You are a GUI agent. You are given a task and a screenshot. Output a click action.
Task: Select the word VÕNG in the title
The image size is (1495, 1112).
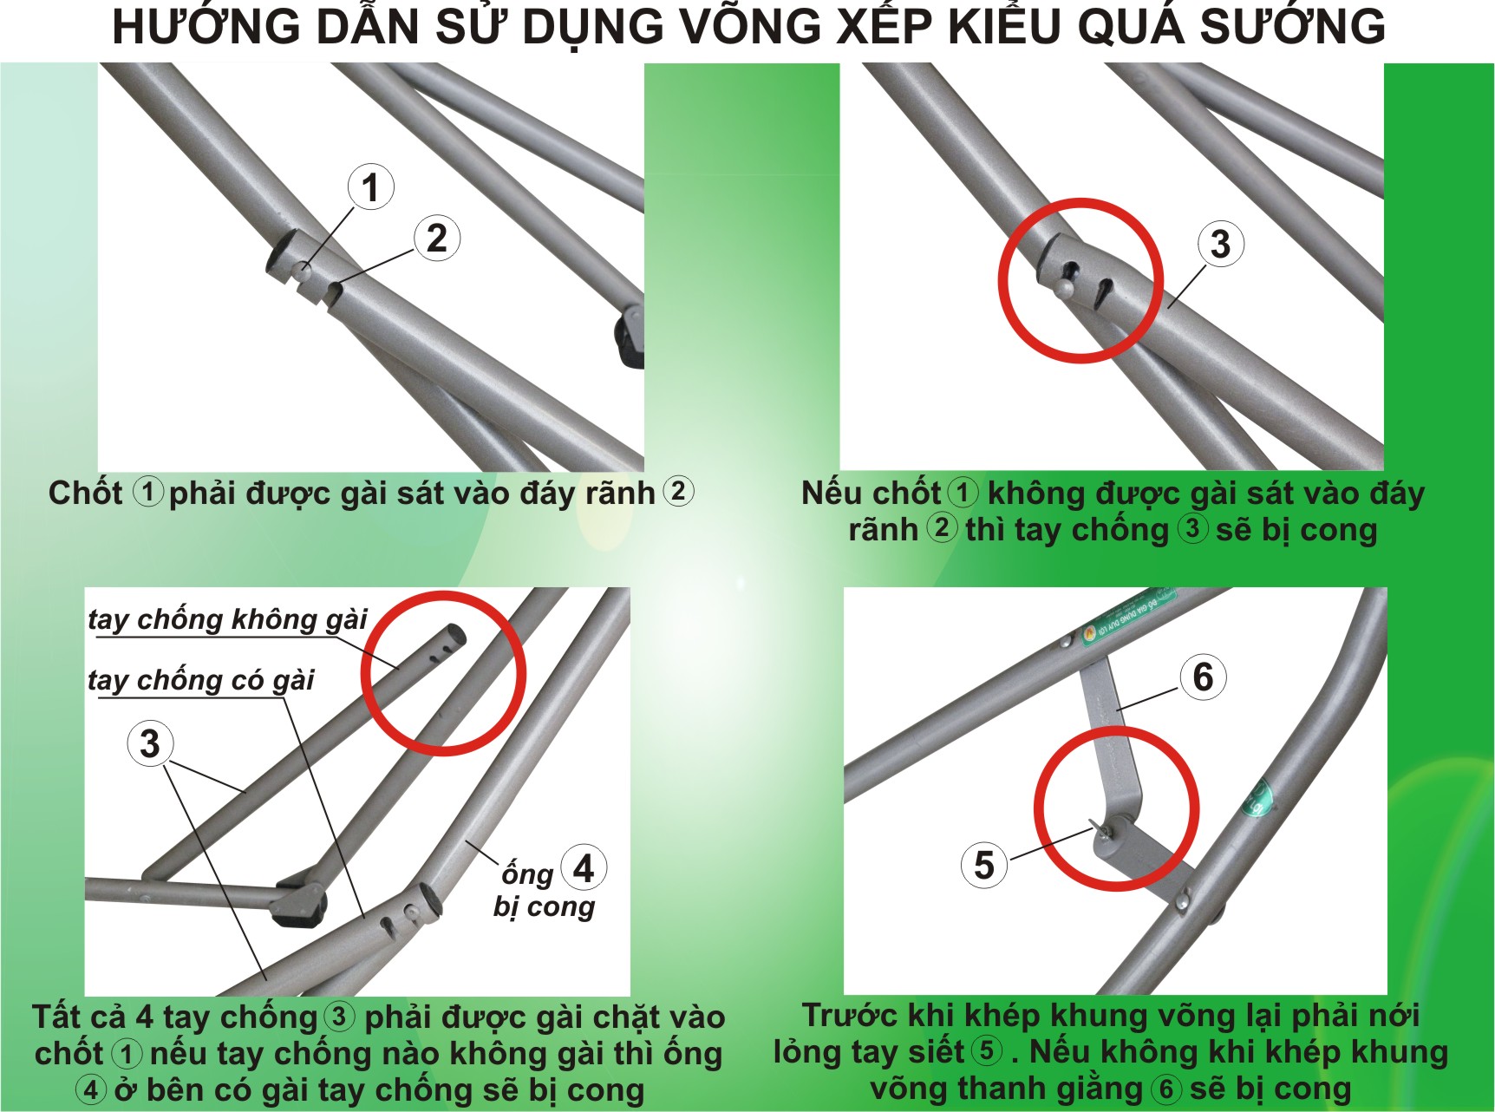coord(747,26)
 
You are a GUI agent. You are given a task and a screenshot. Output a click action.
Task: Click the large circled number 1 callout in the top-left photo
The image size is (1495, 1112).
coord(371,186)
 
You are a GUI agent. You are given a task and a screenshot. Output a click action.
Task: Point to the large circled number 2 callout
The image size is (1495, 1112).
coord(437,239)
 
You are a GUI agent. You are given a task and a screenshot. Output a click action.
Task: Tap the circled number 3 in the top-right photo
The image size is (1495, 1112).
coord(1221,244)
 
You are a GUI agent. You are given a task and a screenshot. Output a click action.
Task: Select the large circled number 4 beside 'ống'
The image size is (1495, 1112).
coord(584,867)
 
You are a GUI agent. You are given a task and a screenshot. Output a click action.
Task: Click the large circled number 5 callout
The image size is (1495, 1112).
coord(984,865)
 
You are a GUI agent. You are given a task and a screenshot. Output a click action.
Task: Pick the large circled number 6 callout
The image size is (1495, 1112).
coord(1204,677)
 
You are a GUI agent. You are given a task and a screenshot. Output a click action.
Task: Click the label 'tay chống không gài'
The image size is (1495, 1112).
coord(228,619)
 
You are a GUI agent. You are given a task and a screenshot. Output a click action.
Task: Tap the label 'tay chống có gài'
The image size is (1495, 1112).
coord(201,680)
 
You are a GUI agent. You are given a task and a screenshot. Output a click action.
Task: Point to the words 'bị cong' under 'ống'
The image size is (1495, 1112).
coord(544,906)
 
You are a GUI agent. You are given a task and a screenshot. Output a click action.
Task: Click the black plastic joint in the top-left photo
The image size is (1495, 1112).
coord(630,341)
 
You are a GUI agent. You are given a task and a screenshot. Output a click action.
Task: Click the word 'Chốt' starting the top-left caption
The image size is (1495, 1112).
coord(85,493)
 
